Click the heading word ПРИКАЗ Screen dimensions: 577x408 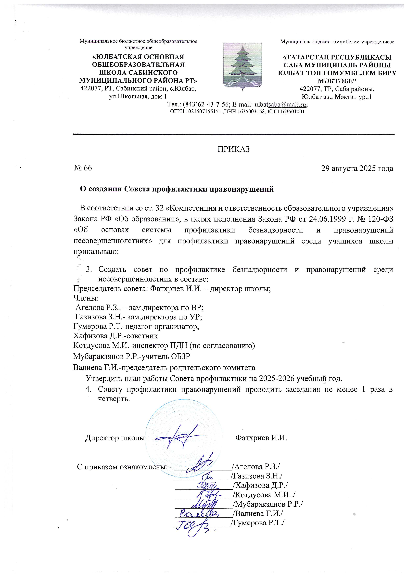[x=233, y=149]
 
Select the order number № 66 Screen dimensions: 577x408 [x=83, y=168]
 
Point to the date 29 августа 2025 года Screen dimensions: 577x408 [x=357, y=168]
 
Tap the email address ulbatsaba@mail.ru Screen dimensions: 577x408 [x=281, y=104]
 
